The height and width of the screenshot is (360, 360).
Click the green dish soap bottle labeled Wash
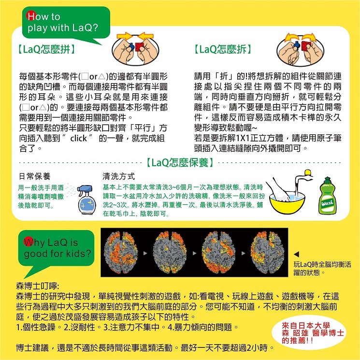click(327, 196)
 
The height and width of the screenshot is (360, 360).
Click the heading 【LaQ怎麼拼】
click(47, 49)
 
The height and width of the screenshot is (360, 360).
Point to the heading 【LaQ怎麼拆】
click(223, 49)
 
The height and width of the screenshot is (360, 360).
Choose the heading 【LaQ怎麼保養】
click(180, 162)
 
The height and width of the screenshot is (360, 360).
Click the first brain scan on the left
click(121, 253)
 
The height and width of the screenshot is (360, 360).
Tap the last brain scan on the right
click(268, 253)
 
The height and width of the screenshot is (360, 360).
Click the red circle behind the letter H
click(31, 15)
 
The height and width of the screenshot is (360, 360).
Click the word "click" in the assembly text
click(78, 139)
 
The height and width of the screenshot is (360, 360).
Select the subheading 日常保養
click(35, 176)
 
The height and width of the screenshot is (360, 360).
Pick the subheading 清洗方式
click(119, 176)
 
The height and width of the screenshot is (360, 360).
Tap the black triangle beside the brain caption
click(296, 254)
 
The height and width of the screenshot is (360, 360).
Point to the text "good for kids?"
click(58, 254)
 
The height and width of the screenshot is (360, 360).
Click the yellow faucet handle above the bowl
click(307, 172)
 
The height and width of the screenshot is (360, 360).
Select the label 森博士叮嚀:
click(37, 286)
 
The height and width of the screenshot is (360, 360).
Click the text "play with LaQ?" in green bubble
click(63, 28)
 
